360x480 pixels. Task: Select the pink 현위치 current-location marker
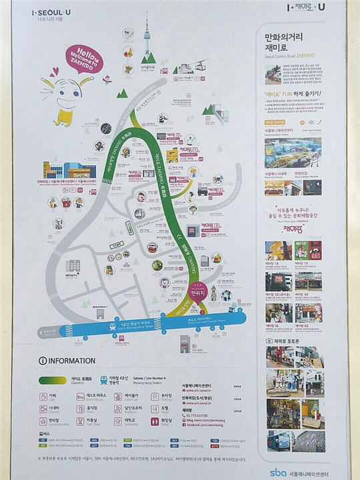coord(197,293)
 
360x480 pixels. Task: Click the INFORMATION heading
coord(71,361)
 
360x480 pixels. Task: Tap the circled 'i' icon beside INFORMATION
coord(43,361)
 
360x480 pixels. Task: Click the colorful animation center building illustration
coord(70,169)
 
